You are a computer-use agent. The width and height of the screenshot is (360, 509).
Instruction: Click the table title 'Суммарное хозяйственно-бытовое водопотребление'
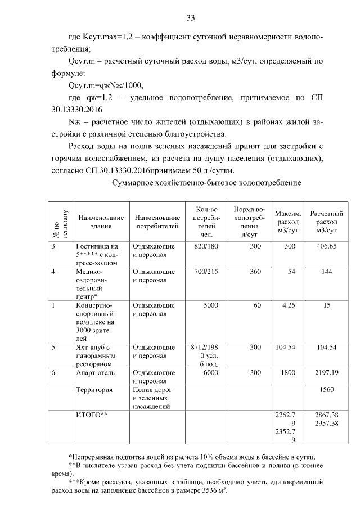pyautogui.click(x=206, y=183)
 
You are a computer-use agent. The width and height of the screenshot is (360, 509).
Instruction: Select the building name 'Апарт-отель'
pyautogui.click(x=94, y=372)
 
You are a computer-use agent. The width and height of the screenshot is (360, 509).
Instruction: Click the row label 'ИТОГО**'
pyautogui.click(x=91, y=415)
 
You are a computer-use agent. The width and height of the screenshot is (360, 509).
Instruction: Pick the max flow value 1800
pyautogui.click(x=288, y=372)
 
